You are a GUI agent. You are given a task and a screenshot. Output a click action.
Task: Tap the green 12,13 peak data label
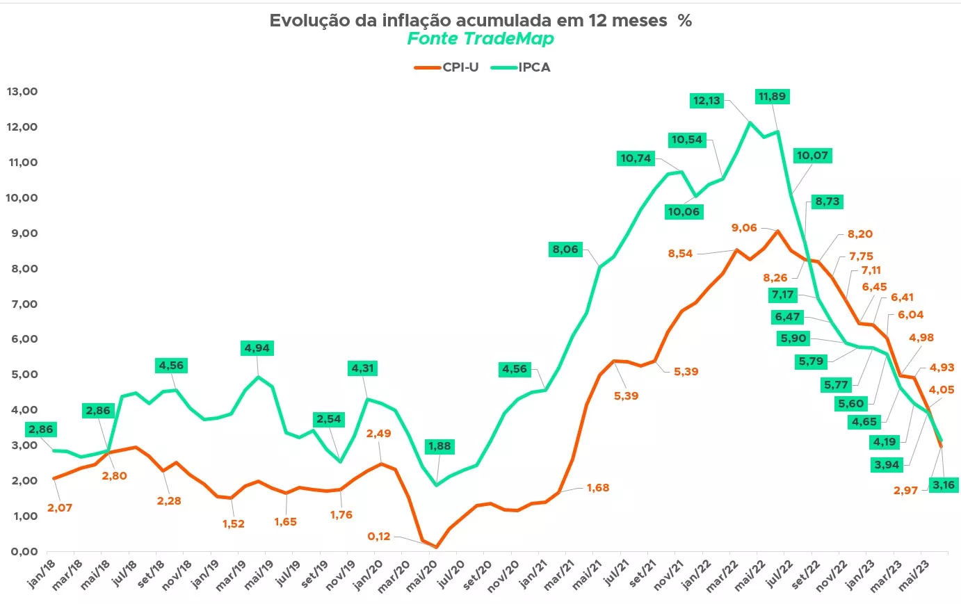[x=706, y=101]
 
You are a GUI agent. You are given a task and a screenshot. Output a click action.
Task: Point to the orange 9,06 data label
[x=744, y=228]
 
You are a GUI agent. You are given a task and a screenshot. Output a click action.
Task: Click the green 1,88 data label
[x=439, y=446]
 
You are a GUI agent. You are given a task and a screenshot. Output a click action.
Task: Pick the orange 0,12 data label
[x=379, y=537]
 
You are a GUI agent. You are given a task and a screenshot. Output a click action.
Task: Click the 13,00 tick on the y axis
[x=22, y=92]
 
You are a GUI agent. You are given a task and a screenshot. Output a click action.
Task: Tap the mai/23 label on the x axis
[x=914, y=576]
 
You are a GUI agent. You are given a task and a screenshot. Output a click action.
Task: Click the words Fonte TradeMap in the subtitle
[x=480, y=39]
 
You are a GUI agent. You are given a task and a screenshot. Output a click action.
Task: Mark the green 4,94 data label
[x=257, y=348]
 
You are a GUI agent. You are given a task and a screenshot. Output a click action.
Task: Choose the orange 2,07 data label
[x=60, y=508]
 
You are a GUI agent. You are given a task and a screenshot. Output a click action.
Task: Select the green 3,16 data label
[x=944, y=485]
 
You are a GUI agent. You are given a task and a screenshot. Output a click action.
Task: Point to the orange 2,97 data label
[x=906, y=491]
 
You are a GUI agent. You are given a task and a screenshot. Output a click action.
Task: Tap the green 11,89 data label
[x=772, y=97]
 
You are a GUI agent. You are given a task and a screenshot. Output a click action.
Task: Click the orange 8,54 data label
[x=680, y=254]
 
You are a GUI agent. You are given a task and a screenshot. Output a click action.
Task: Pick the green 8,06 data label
[x=565, y=250]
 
